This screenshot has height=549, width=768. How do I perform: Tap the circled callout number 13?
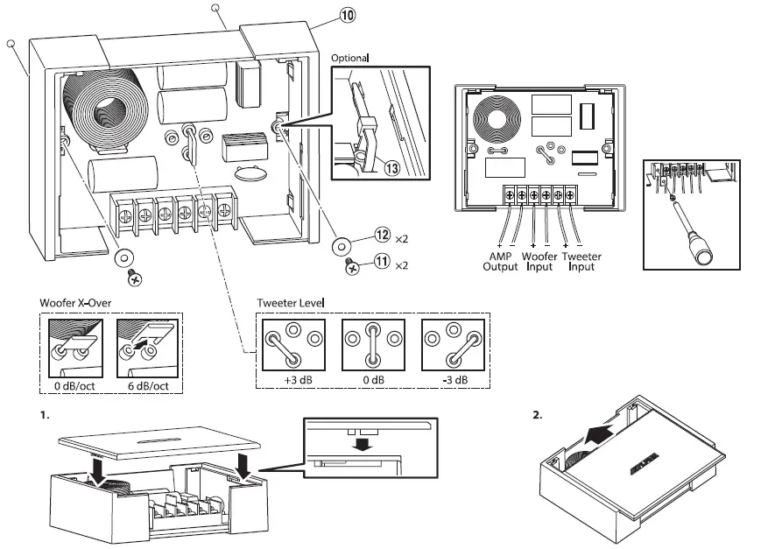click(379, 168)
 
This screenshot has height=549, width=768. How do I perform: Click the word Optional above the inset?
click(350, 58)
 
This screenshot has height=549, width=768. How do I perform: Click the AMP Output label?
click(501, 261)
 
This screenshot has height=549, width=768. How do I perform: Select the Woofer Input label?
click(539, 261)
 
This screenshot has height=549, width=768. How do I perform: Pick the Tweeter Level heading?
click(291, 302)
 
